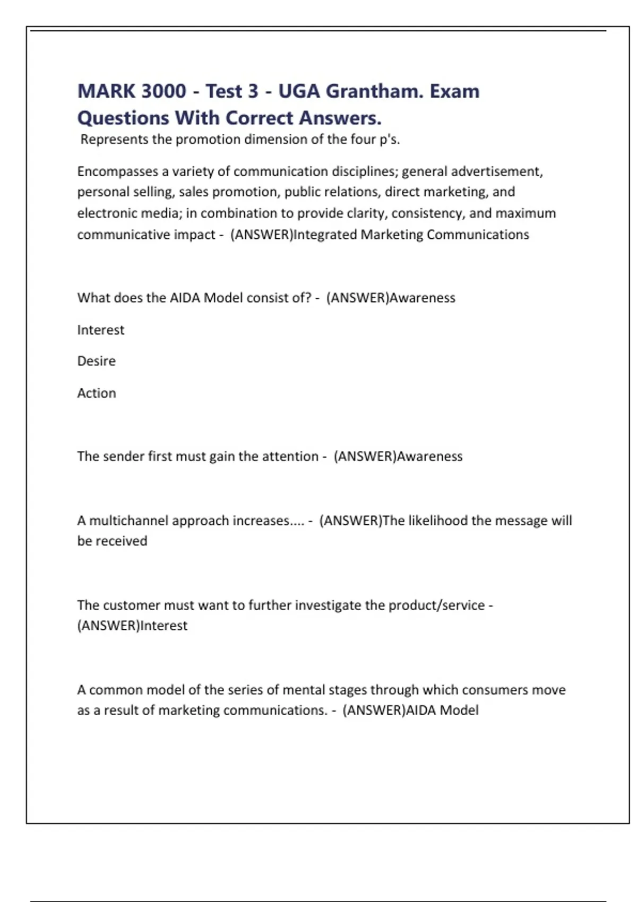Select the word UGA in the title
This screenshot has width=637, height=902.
(299, 91)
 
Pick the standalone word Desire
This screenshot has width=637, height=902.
(96, 361)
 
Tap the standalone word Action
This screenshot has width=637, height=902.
(96, 393)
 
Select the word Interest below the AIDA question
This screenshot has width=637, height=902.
(100, 330)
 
